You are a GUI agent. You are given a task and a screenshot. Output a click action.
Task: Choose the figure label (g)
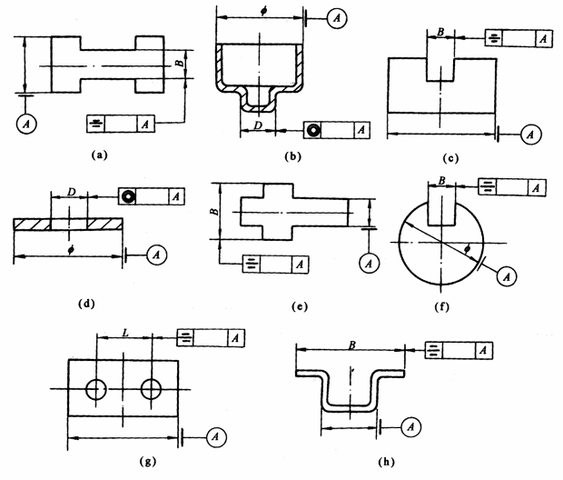pyautogui.click(x=147, y=462)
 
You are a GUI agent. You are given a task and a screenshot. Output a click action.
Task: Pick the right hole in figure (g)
pyautogui.click(x=152, y=389)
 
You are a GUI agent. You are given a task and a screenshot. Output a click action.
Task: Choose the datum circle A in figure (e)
pyautogui.click(x=368, y=263)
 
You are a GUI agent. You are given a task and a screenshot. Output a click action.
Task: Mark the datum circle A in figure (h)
pyautogui.click(x=410, y=425)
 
